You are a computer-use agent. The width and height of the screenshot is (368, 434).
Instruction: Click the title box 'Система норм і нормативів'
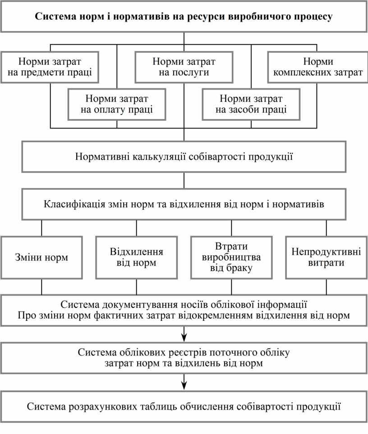tap(184, 17)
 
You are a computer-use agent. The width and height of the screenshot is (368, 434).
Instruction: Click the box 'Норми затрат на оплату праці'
tap(117, 104)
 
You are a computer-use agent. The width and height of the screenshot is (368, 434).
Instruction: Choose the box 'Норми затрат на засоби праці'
tap(251, 104)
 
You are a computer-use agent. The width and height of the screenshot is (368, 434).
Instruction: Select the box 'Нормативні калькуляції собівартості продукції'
tap(184, 157)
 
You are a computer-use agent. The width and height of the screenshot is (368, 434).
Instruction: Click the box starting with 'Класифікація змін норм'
tap(184, 205)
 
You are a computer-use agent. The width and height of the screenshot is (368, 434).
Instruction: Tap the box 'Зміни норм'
tap(41, 258)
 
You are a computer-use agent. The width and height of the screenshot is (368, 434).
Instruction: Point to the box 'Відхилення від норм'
tap(136, 258)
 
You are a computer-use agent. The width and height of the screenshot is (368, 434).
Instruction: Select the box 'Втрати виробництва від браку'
tap(231, 258)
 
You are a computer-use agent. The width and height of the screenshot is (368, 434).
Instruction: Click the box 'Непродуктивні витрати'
tap(326, 258)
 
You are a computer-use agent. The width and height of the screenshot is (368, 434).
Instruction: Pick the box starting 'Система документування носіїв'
tap(184, 310)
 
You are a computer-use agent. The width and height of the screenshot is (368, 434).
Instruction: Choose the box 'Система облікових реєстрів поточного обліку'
tap(184, 357)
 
